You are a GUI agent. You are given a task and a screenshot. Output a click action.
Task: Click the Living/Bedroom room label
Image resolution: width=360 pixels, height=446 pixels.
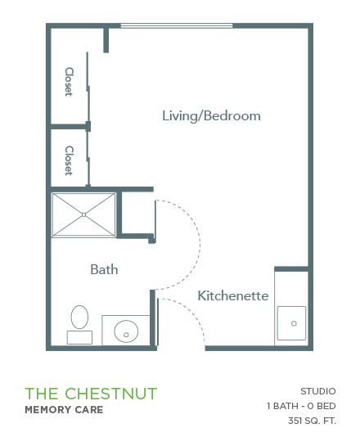click(x=211, y=115)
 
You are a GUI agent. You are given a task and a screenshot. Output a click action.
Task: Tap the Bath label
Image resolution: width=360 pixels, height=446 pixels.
click(x=104, y=269)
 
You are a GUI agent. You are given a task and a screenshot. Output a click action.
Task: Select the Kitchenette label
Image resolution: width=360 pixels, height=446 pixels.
click(x=233, y=295)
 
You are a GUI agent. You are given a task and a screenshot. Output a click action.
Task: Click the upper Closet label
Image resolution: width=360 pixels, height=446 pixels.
click(x=69, y=82)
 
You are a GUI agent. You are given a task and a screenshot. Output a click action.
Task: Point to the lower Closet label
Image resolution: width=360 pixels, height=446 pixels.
click(x=69, y=160)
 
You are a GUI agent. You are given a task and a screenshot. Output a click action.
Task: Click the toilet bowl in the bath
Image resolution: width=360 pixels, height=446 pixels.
click(x=79, y=318)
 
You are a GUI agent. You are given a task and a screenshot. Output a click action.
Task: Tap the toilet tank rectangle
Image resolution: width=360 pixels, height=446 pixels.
click(x=79, y=337)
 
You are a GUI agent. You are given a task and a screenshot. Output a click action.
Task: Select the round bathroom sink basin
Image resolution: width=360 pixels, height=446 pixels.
click(x=126, y=331)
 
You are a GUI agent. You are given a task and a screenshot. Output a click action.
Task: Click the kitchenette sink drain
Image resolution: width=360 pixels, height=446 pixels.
click(x=294, y=323)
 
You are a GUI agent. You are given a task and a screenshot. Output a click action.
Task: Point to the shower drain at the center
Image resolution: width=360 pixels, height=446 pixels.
click(x=83, y=214)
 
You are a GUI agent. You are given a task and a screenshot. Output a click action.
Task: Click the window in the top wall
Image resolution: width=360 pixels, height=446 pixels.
click(x=177, y=26)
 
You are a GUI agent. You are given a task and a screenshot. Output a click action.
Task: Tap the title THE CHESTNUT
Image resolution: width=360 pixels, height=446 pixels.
click(x=91, y=394)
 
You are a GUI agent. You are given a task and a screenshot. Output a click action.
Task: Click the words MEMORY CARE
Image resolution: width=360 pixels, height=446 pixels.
click(x=64, y=410)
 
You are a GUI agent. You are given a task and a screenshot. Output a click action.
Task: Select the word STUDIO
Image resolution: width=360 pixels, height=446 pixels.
click(x=318, y=391)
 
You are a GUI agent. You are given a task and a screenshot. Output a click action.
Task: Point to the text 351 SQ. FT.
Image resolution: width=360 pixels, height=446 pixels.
click(x=312, y=421)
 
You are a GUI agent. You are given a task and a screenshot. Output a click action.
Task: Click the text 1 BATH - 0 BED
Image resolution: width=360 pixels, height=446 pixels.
click(x=301, y=406)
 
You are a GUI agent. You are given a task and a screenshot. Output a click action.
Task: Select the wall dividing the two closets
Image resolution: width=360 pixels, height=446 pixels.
click(x=69, y=127)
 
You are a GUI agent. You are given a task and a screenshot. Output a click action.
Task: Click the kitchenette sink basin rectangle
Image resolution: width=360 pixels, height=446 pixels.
click(x=292, y=323)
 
